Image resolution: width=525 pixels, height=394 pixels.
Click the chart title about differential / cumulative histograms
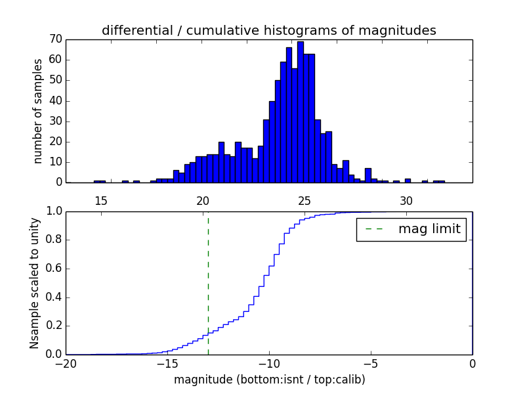coord(268,30)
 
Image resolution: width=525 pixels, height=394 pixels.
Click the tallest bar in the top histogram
coord(301,112)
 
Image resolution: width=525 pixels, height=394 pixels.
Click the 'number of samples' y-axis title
coord(38,110)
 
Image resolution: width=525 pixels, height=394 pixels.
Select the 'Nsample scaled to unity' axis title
coord(34,282)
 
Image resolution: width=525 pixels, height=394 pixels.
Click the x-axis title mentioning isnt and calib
coord(269,380)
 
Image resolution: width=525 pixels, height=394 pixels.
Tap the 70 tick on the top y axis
coord(54,39)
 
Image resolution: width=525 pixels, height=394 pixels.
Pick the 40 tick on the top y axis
coord(54,100)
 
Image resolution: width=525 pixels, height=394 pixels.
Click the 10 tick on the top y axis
coord(54,162)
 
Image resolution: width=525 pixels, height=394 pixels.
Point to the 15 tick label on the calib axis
coord(100,200)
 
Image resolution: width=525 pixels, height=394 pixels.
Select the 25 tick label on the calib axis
coord(304,200)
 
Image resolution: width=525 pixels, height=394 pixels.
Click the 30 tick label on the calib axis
coord(406,200)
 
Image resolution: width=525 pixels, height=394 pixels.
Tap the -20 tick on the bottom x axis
coord(66,364)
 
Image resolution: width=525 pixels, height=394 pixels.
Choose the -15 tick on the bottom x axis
coord(167,364)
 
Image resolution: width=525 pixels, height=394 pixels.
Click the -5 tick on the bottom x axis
coord(370,364)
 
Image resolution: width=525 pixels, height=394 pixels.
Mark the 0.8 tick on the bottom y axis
coord(52,240)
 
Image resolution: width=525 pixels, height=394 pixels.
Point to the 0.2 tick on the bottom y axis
coord(52,326)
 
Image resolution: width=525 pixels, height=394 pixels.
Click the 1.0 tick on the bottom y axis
coord(52,211)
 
